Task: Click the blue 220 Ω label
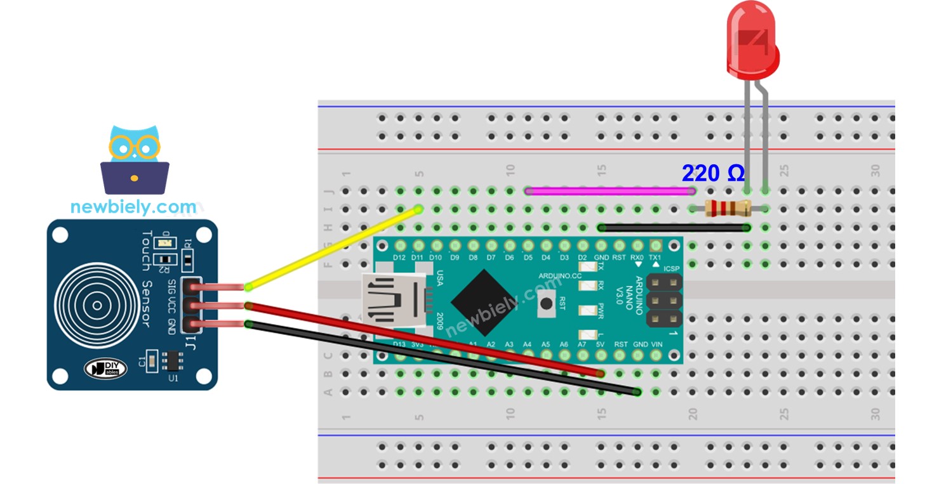[712, 173]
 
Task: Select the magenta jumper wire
[609, 190]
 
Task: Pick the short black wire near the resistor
[673, 227]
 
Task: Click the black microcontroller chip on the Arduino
[484, 303]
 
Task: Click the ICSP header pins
[664, 300]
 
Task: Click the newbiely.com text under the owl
[133, 207]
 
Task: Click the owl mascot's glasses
[134, 148]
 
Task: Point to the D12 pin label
[399, 258]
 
